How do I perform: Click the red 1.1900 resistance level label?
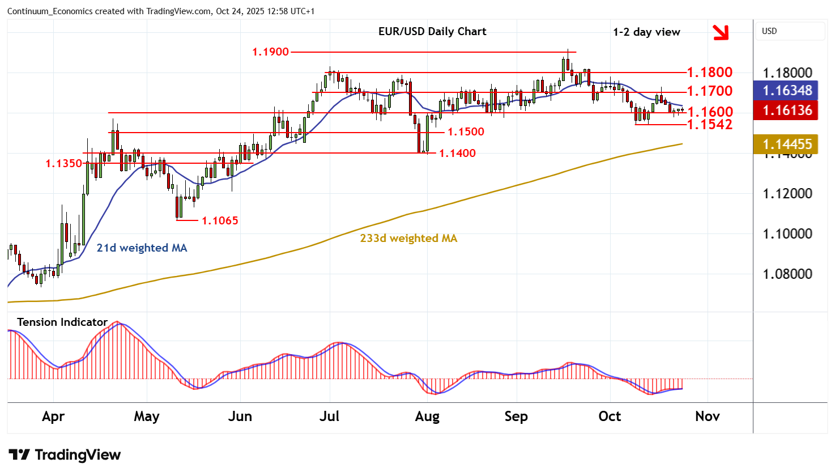(270, 52)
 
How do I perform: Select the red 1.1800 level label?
(709, 73)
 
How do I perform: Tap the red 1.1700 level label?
(709, 91)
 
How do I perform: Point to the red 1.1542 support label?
(709, 125)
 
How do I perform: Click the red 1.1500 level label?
(466, 132)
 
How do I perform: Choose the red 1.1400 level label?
(457, 154)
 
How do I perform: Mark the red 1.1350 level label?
(64, 164)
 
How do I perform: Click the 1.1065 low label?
(220, 221)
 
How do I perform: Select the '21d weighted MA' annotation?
(142, 248)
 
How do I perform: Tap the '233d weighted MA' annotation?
(408, 239)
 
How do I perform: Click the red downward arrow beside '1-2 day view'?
(721, 32)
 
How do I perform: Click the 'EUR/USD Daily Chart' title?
(432, 32)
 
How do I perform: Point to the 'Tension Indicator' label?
(62, 322)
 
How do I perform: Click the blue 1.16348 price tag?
(787, 91)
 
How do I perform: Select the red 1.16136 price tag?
(787, 110)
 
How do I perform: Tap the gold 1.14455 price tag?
(787, 144)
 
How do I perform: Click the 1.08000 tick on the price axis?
(787, 274)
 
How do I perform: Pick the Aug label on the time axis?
(427, 416)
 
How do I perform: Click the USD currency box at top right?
(790, 31)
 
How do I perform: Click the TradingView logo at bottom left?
(65, 455)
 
